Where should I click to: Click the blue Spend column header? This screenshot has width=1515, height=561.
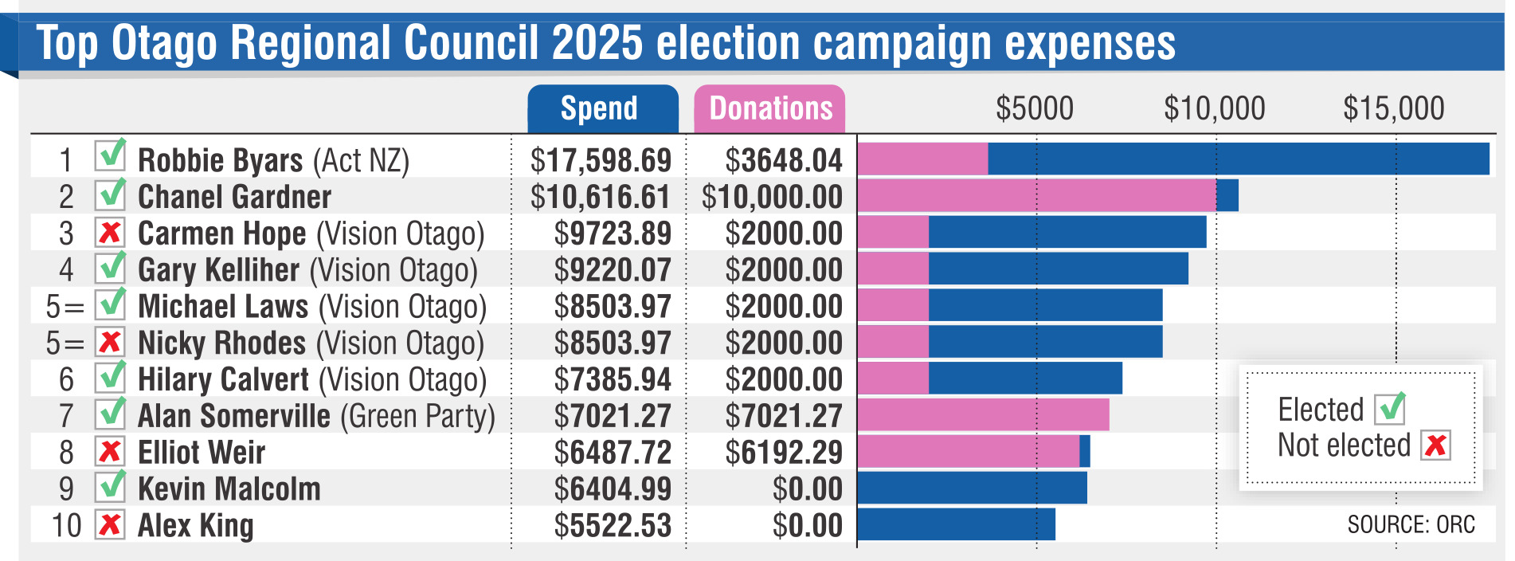pyautogui.click(x=602, y=108)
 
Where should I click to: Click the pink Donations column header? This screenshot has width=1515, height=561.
pyautogui.click(x=769, y=108)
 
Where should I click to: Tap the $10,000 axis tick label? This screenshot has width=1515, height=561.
pyautogui.click(x=1214, y=108)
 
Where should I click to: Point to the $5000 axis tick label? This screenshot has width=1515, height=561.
pyautogui.click(x=1035, y=108)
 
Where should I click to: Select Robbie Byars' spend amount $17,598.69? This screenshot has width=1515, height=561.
pyautogui.click(x=601, y=160)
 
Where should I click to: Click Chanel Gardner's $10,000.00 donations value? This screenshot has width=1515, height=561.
pyautogui.click(x=771, y=197)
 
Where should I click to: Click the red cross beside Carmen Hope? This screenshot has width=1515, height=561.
pyautogui.click(x=110, y=233)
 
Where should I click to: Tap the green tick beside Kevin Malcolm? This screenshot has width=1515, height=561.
pyautogui.click(x=111, y=486)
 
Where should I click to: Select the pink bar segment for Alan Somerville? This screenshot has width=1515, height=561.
pyautogui.click(x=983, y=415)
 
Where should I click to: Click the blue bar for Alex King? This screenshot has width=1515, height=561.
pyautogui.click(x=956, y=524)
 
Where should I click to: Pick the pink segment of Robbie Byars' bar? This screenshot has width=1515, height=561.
pyautogui.click(x=922, y=159)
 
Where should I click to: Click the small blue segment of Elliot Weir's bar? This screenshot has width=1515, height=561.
pyautogui.click(x=1085, y=452)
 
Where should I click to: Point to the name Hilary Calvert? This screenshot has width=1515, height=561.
pyautogui.click(x=223, y=379)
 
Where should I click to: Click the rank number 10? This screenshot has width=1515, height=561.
pyautogui.click(x=66, y=526)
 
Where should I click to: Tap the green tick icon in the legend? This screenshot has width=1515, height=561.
pyautogui.click(x=1390, y=409)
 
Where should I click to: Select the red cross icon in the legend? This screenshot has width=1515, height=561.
pyautogui.click(x=1435, y=445)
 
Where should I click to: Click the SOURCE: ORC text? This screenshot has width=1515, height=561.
pyautogui.click(x=1411, y=524)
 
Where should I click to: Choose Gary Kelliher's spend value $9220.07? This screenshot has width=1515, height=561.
pyautogui.click(x=612, y=270)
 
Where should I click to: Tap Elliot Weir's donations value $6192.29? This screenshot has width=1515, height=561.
pyautogui.click(x=783, y=453)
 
